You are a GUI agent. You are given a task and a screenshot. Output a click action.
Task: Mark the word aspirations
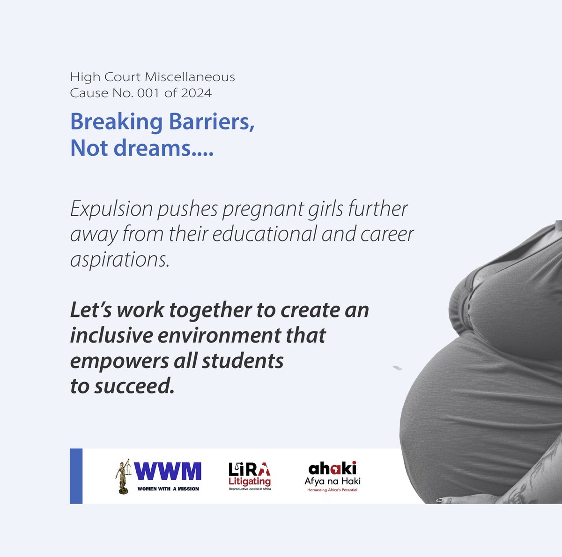tap(119, 259)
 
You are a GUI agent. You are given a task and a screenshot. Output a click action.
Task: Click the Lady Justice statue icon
tap(123, 476)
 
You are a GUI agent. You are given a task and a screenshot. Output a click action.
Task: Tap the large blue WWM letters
tap(168, 472)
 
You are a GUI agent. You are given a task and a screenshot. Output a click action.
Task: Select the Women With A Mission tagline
tap(168, 489)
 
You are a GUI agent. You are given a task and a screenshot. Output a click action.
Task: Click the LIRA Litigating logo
tap(250, 475)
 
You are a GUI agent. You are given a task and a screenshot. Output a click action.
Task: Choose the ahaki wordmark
tap(333, 468)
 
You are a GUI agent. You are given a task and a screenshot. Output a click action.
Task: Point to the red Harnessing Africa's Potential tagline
tap(333, 490)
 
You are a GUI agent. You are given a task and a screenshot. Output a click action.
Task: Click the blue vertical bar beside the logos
tap(76, 476)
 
